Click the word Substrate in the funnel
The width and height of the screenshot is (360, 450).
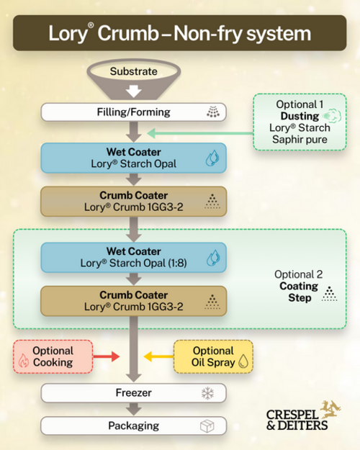click(x=133, y=71)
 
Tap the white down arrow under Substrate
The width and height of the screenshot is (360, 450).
click(x=133, y=91)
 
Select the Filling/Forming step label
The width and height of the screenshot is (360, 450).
click(x=133, y=112)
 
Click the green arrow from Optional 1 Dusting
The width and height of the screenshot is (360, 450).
click(x=200, y=133)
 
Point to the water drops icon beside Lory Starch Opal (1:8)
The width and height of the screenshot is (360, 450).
click(x=213, y=258)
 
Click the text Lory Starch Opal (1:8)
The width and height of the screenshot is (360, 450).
click(x=133, y=263)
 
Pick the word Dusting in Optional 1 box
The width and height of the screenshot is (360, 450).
click(x=300, y=116)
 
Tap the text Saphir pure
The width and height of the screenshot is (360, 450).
click(x=300, y=140)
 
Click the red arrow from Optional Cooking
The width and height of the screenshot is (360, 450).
click(x=107, y=356)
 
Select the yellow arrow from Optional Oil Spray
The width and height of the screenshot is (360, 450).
click(x=158, y=356)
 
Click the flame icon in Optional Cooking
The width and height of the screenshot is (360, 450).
click(x=24, y=361)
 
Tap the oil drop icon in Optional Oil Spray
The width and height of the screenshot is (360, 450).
click(x=243, y=361)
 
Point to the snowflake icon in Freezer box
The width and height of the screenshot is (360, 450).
click(x=207, y=393)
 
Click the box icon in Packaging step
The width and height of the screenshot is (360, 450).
click(x=207, y=426)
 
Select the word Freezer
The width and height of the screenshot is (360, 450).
click(x=133, y=392)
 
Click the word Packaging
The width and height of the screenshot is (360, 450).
click(x=133, y=426)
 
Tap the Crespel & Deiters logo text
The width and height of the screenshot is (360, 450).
click(x=297, y=420)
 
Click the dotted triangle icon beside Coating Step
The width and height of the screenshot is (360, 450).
click(x=329, y=294)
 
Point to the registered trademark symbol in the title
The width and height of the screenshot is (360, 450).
click(x=91, y=25)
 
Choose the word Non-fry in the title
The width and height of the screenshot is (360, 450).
click(x=209, y=33)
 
